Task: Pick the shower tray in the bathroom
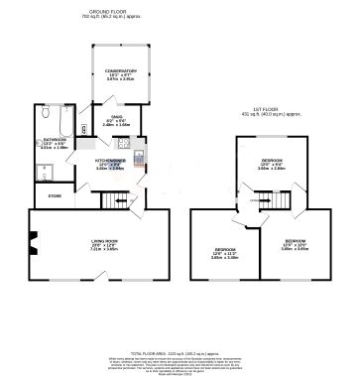tap(47, 172)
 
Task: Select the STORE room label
tap(54, 196)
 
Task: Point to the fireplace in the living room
tap(34, 238)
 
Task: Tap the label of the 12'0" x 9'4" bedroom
tap(271, 159)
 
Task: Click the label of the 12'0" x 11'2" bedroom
tap(225, 249)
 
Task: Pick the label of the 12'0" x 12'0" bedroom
tap(295, 241)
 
